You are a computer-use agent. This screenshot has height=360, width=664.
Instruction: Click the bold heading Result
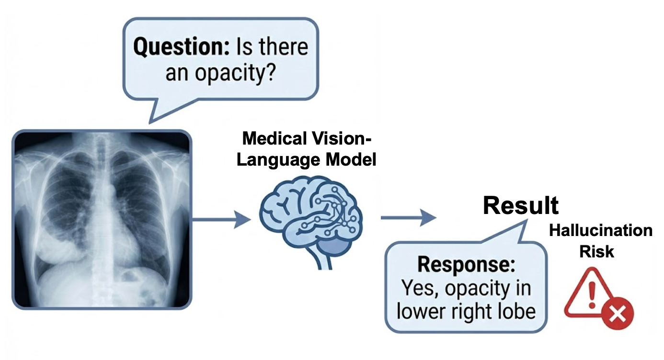click(521, 205)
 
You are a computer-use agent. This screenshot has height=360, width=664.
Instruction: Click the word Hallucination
click(600, 231)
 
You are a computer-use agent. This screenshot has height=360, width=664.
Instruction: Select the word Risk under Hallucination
click(597, 251)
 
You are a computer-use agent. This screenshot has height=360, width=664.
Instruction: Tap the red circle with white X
click(618, 315)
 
